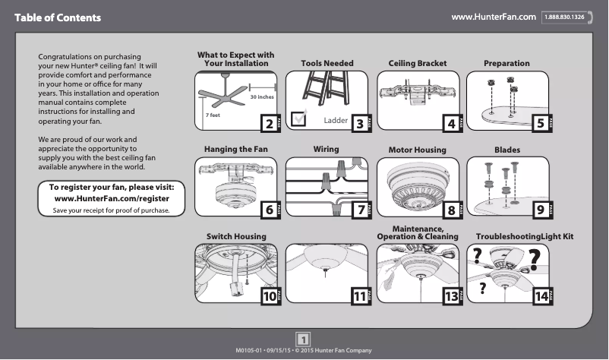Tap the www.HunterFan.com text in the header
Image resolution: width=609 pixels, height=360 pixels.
point(494,17)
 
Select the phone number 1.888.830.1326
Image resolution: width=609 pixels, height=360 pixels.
point(566,17)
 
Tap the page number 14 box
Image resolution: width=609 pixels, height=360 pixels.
point(541,297)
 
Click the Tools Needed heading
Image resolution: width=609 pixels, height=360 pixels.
point(327,63)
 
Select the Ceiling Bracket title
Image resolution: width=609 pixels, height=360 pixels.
point(418,63)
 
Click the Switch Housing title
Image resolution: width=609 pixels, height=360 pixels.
point(236,237)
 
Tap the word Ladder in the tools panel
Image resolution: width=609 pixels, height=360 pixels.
point(335,121)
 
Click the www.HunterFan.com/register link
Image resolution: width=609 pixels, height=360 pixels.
point(112,198)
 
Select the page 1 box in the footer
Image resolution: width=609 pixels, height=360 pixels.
point(304,339)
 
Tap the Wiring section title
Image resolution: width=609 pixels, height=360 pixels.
point(326,150)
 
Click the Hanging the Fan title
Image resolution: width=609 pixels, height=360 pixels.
point(236,150)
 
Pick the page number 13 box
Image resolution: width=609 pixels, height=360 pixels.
point(451,297)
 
